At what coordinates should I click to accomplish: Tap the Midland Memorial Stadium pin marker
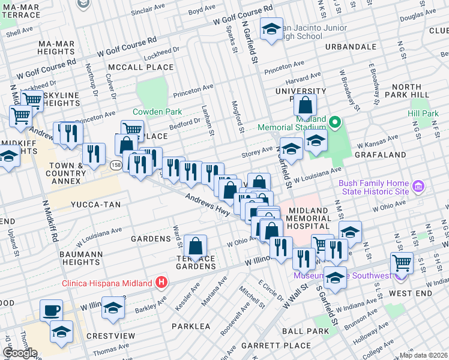[334, 124]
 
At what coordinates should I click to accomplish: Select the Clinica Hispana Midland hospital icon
[161, 281]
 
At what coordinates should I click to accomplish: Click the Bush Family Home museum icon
[419, 188]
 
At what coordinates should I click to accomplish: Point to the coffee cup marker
[51, 310]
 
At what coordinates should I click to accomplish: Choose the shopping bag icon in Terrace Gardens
[196, 245]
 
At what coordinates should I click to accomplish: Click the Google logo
[20, 353]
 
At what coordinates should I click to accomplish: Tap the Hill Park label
[423, 113]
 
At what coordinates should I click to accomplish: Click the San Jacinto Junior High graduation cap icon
[271, 28]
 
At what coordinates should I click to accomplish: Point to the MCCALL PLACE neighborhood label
[141, 67]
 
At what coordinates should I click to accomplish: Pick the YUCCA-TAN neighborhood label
[96, 205]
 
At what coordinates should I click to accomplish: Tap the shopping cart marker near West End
[402, 262]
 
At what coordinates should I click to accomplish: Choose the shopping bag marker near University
[305, 104]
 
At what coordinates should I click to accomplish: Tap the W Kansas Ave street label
[378, 142]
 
